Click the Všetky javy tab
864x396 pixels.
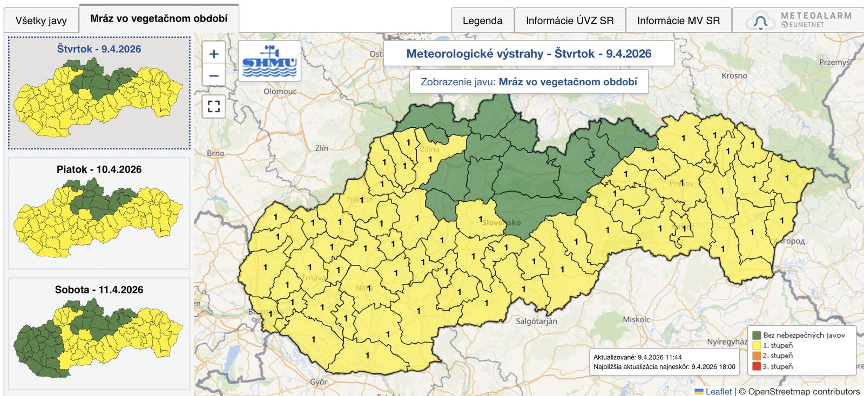click(x=41, y=21)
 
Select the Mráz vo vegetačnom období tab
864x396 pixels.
click(x=159, y=18)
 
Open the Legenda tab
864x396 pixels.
click(x=482, y=21)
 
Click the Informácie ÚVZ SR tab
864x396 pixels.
click(x=570, y=21)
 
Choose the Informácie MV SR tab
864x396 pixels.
click(x=678, y=21)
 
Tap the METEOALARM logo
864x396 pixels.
click(x=800, y=20)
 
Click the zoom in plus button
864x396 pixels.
click(x=214, y=54)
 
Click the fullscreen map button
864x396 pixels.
click(x=214, y=106)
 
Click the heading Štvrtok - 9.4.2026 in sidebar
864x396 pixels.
click(x=99, y=49)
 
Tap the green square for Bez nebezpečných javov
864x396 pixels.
click(x=757, y=336)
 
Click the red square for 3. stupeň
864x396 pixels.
click(x=757, y=367)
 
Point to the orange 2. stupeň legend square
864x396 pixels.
click(x=757, y=356)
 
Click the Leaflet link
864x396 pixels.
click(x=718, y=392)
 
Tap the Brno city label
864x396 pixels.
click(x=215, y=153)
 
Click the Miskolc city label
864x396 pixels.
click(x=636, y=319)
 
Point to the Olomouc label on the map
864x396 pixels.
click(x=280, y=92)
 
